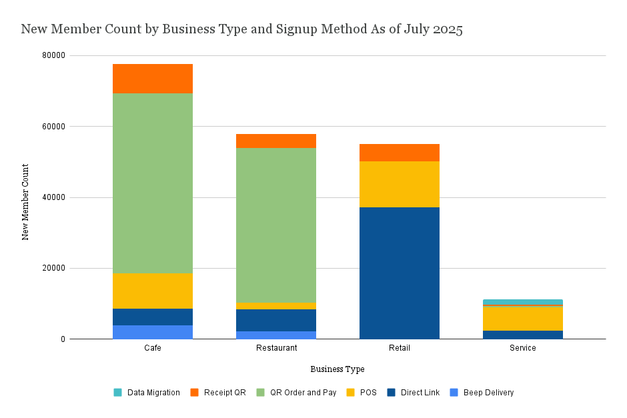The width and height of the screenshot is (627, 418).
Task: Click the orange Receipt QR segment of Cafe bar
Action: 152,78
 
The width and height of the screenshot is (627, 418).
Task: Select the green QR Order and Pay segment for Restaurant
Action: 275,225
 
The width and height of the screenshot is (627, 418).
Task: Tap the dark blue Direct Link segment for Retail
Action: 399,273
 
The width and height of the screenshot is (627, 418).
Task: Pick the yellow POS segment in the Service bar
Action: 522,318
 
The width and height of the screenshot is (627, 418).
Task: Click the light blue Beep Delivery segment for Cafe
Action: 152,332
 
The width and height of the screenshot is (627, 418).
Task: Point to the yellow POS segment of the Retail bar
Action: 399,184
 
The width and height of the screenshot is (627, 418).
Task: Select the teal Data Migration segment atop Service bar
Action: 522,302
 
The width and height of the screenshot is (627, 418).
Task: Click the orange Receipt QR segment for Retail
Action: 399,152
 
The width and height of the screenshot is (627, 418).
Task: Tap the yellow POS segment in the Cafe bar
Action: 152,291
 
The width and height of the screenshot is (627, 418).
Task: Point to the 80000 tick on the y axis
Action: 54,55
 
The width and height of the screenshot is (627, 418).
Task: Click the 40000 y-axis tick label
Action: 54,197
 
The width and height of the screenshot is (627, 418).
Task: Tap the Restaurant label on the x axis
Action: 275,348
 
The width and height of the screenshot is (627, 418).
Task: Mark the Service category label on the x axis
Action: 522,348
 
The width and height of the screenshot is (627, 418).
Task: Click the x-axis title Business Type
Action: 338,369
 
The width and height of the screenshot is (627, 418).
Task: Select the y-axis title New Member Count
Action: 25,201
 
